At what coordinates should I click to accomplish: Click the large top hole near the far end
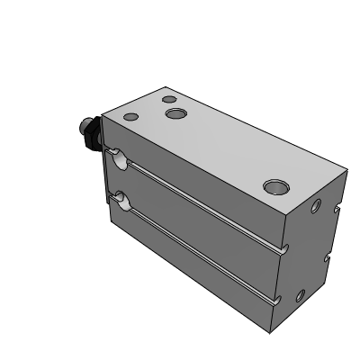click(274, 186)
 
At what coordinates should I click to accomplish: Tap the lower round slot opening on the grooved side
click(118, 199)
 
